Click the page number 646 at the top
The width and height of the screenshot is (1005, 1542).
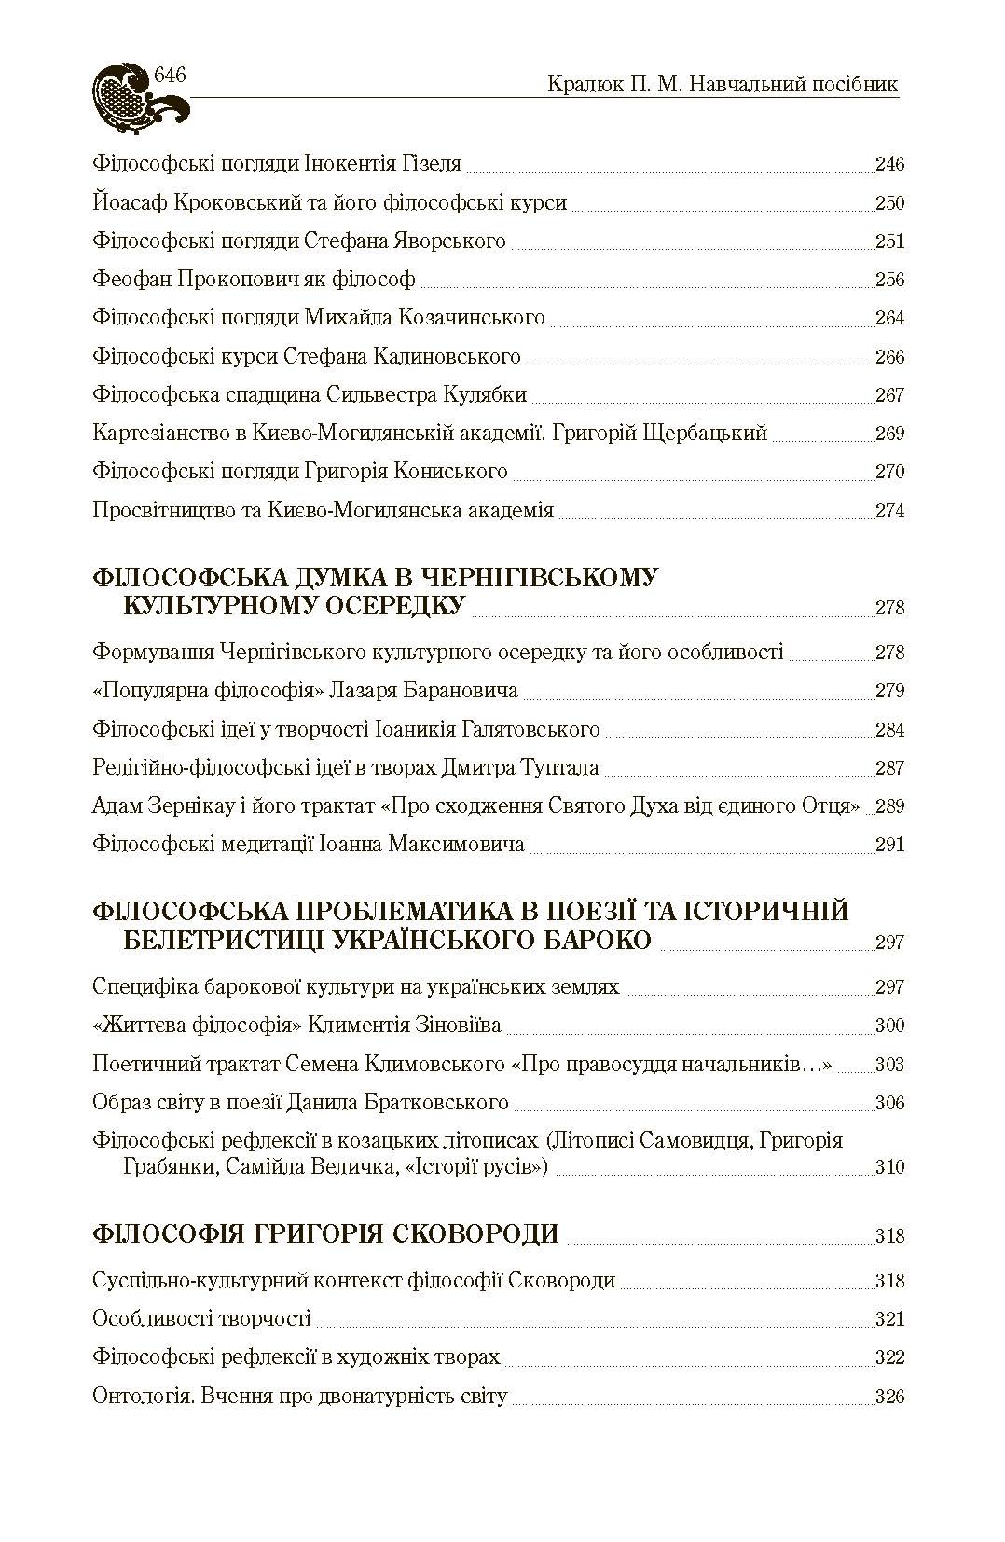(x=172, y=76)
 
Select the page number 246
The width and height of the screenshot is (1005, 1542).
(x=889, y=165)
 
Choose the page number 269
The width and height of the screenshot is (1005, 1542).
(x=889, y=434)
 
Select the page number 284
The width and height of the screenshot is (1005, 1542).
(x=889, y=730)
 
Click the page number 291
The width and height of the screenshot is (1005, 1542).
(x=889, y=846)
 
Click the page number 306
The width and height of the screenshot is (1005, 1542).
(x=889, y=1104)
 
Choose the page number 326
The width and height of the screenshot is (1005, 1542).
(x=889, y=1397)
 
